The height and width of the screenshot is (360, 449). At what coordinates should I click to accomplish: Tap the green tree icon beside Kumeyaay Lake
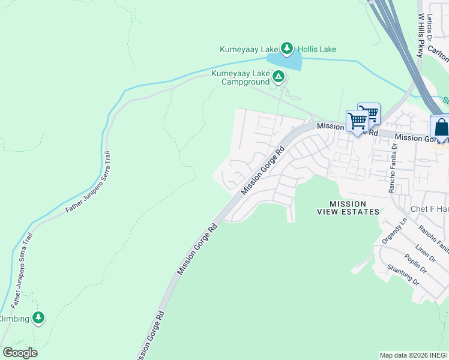coord(288,48)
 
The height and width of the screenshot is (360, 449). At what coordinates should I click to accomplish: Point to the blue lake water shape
coord(285,61)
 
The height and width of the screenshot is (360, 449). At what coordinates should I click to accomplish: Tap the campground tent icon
coord(278,76)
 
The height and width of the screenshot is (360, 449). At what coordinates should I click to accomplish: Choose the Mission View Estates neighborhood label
coord(348,208)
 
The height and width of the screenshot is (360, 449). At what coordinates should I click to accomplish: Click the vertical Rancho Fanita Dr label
coord(393,167)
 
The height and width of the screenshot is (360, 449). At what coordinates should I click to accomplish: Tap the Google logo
coord(20,353)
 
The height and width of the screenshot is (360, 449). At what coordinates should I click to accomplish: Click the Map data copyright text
coord(414,355)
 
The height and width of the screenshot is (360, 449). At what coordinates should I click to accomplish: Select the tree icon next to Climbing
coord(39,317)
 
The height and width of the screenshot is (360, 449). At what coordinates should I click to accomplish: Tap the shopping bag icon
coord(441,128)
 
